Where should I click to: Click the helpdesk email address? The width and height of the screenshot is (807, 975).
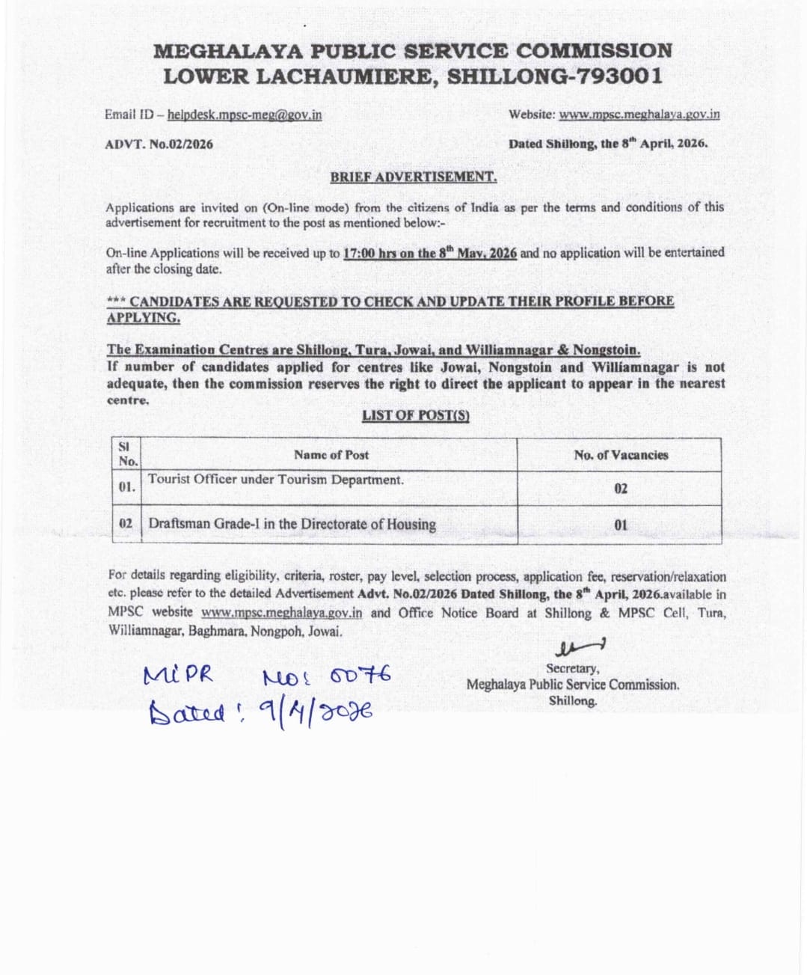pyautogui.click(x=245, y=114)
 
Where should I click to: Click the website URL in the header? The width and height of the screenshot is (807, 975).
pyautogui.click(x=639, y=114)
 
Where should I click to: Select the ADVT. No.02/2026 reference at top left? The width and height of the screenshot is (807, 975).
pyautogui.click(x=159, y=144)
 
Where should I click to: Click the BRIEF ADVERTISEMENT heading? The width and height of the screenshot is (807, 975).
pyautogui.click(x=414, y=177)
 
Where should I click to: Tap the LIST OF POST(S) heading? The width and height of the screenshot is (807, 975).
pyautogui.click(x=416, y=415)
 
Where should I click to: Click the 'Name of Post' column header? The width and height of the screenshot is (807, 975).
pyautogui.click(x=331, y=455)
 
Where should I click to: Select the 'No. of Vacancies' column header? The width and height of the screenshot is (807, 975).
pyautogui.click(x=621, y=455)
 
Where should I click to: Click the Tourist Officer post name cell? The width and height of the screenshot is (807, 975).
pyautogui.click(x=276, y=480)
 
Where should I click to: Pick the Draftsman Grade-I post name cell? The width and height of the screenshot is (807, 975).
pyautogui.click(x=292, y=524)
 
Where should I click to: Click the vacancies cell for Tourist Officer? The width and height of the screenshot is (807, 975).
pyautogui.click(x=621, y=489)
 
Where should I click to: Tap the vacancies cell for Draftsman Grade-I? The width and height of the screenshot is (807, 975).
pyautogui.click(x=621, y=525)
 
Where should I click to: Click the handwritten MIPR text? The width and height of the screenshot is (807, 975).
pyautogui.click(x=178, y=676)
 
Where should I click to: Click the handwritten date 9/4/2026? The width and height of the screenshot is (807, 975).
pyautogui.click(x=315, y=711)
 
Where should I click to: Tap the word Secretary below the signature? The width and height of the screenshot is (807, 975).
pyautogui.click(x=572, y=668)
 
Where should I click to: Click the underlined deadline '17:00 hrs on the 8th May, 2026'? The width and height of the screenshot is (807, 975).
pyautogui.click(x=429, y=253)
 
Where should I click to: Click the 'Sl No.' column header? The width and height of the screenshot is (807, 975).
pyautogui.click(x=128, y=454)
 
